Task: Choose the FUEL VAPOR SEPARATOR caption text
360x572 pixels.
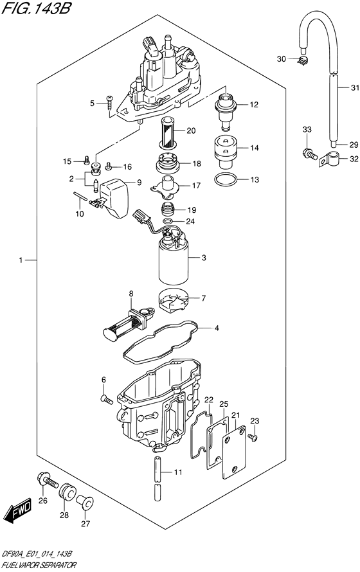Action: (39, 565)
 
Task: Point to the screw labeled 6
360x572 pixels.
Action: (107, 400)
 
